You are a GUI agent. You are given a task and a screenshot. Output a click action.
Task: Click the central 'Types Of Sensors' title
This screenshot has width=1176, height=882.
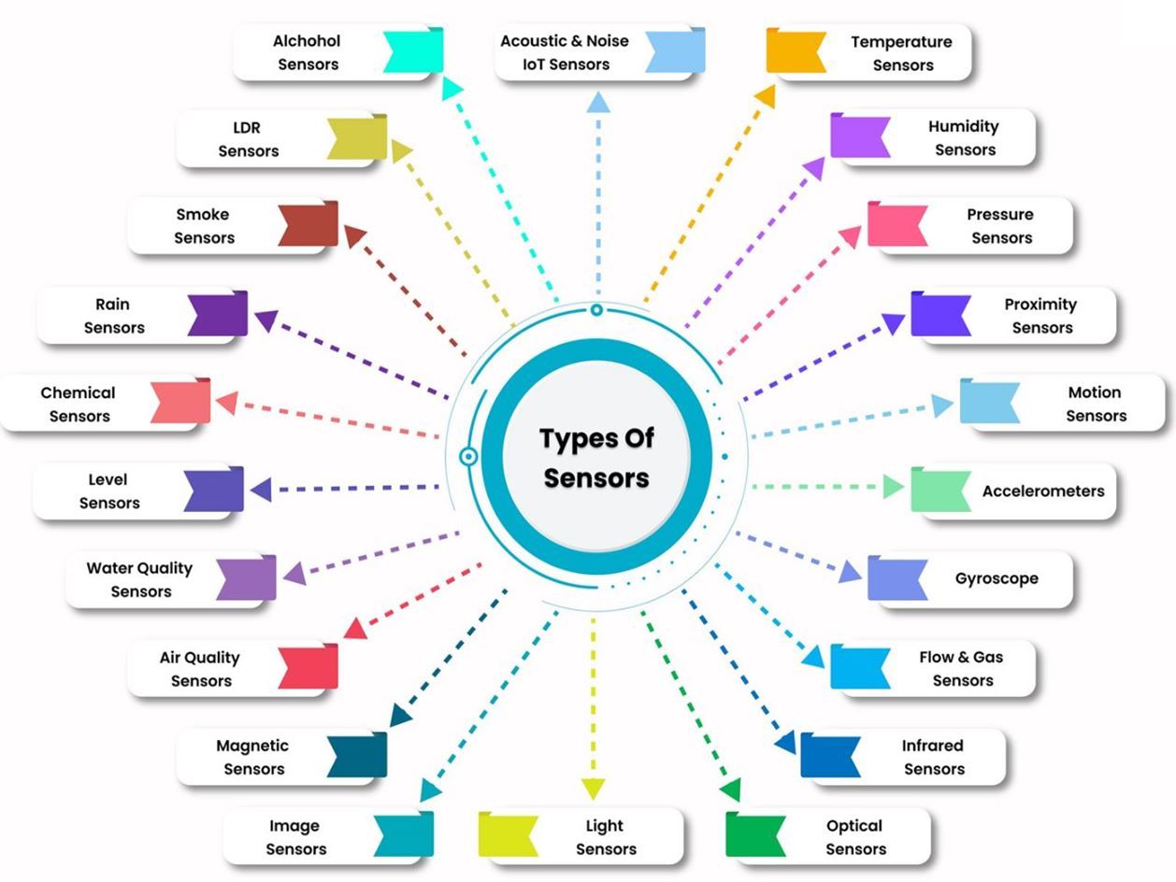(x=596, y=458)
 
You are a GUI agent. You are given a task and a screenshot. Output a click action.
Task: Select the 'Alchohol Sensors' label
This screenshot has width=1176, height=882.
(x=307, y=52)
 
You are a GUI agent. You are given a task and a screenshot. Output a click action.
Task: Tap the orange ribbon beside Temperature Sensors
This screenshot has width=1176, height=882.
(x=795, y=50)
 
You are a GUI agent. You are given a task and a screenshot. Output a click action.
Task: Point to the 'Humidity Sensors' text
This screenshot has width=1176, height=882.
(x=964, y=137)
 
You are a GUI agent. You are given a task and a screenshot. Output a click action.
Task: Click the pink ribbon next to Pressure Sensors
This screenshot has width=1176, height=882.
(x=896, y=224)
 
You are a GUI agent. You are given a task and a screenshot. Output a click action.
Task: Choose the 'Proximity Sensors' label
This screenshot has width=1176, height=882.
(x=1040, y=316)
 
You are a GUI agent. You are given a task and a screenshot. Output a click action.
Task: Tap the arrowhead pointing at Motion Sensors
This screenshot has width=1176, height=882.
(x=943, y=405)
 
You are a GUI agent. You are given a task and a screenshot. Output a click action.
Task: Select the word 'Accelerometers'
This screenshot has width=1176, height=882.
(x=1042, y=491)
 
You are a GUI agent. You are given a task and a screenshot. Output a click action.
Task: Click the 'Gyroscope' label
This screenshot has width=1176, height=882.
(x=997, y=578)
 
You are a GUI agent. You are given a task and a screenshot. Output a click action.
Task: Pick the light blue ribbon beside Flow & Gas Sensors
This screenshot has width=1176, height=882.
(x=859, y=667)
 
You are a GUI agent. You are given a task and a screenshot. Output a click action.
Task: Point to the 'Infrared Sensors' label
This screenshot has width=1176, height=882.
(x=933, y=757)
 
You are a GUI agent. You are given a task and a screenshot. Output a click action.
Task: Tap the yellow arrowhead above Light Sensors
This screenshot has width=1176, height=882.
(x=593, y=788)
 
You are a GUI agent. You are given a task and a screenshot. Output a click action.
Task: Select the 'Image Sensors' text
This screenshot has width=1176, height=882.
(x=295, y=837)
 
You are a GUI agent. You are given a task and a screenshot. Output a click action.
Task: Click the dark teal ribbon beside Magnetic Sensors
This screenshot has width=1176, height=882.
(x=358, y=755)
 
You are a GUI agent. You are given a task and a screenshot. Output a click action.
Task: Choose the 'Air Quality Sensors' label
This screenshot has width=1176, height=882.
(x=200, y=669)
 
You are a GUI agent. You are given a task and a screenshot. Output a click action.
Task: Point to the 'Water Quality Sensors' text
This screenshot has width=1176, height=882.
(x=139, y=579)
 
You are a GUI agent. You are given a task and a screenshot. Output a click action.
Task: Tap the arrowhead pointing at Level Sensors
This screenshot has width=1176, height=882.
(x=261, y=489)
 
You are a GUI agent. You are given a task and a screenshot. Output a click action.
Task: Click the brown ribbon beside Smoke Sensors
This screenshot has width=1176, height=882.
(x=308, y=224)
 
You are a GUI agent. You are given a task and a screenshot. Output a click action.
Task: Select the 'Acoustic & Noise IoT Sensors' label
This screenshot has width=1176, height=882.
(x=565, y=52)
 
